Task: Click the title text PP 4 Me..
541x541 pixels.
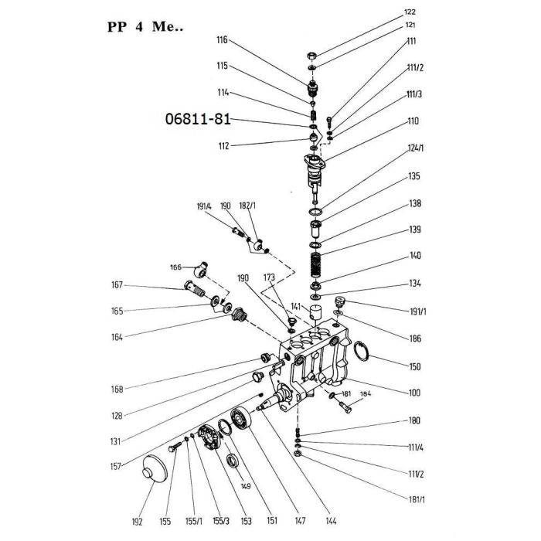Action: [x=145, y=26]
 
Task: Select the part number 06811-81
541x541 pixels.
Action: [x=198, y=119]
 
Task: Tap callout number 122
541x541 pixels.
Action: [x=410, y=12]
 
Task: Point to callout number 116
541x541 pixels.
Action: [x=223, y=40]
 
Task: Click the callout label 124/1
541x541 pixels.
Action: [x=416, y=148]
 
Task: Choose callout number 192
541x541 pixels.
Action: [x=137, y=522]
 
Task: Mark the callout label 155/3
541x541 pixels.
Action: [x=221, y=521]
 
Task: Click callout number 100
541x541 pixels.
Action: [x=414, y=393]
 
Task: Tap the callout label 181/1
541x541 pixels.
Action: [x=417, y=499]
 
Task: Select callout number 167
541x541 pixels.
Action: [x=117, y=285]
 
